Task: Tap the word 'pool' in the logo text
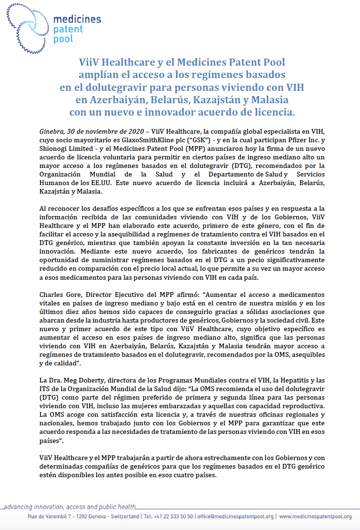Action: point(63,39)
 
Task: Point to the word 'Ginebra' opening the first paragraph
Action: point(50,130)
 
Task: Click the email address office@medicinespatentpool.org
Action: point(236,516)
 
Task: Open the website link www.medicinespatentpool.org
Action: point(315,516)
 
